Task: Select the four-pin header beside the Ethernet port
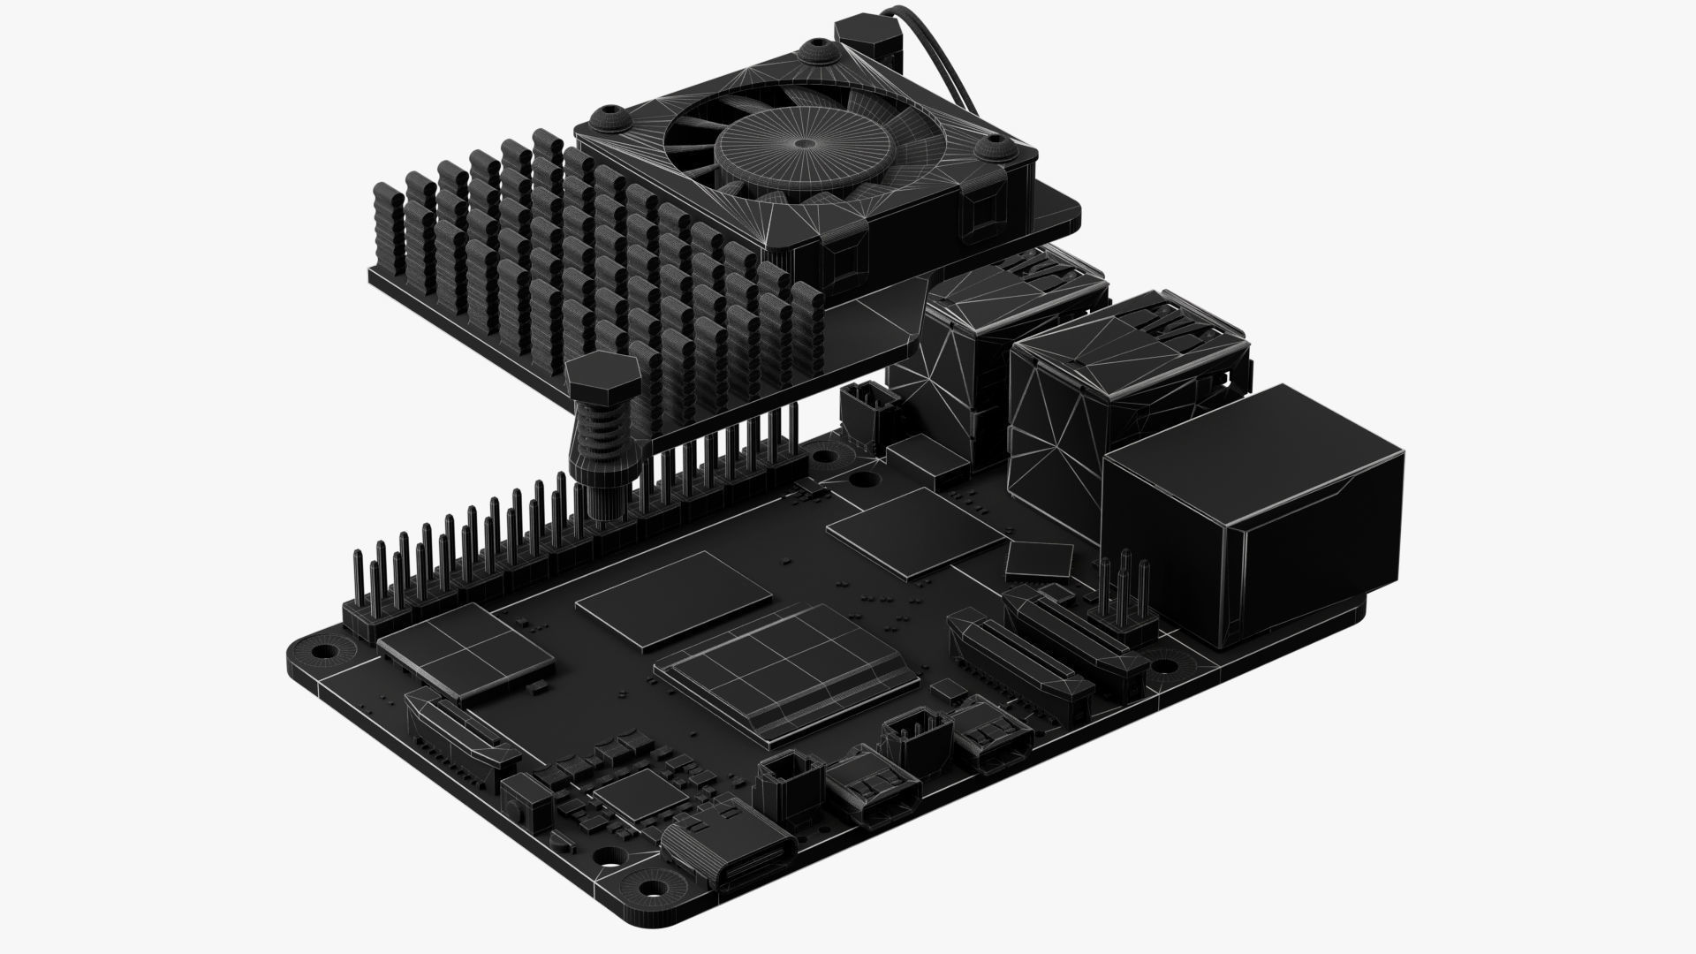pyautogui.click(x=1126, y=592)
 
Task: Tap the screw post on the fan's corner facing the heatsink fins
pyautogui.click(x=609, y=119)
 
